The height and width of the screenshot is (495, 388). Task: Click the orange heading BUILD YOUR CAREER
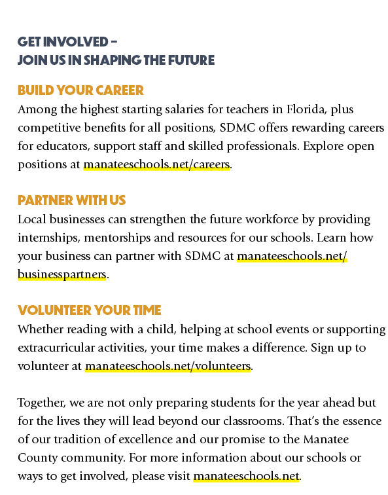(80, 90)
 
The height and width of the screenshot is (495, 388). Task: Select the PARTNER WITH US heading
(71, 200)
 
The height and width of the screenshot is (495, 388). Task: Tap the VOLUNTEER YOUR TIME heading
(89, 310)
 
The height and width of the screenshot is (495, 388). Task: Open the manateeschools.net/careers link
(156, 164)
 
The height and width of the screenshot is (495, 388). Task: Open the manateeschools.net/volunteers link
(168, 366)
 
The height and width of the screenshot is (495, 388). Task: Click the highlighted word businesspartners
(62, 274)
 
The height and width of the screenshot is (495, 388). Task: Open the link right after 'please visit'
(246, 476)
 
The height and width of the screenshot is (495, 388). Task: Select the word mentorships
(117, 238)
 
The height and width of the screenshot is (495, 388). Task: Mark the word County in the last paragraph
(38, 458)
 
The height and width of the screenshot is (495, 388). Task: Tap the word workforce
(272, 219)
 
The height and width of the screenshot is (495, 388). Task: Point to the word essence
(360, 421)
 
